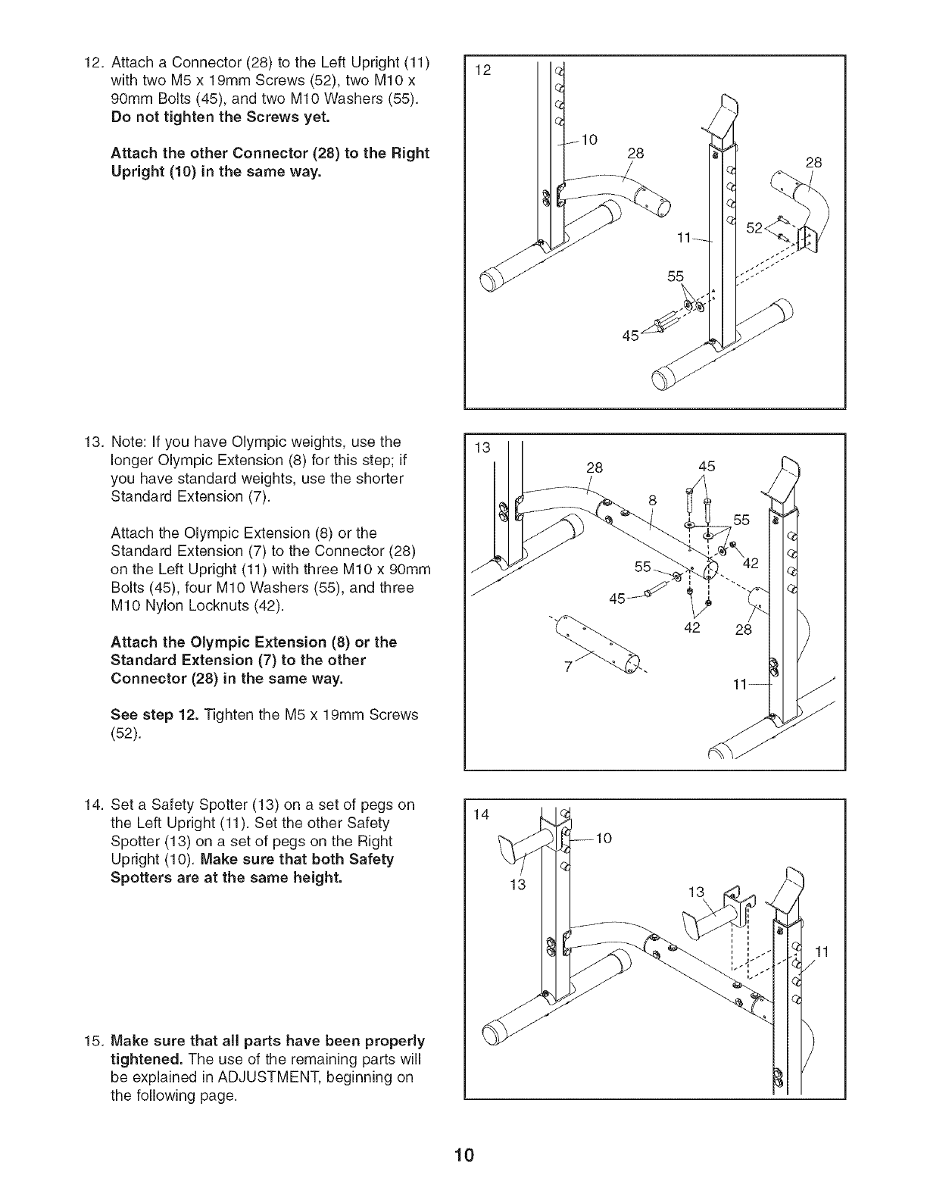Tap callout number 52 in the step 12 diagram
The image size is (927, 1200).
pos(754,227)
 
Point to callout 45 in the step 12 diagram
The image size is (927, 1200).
pos(630,336)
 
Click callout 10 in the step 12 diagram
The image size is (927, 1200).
pos(590,139)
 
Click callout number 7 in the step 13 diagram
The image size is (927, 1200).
pos(566,666)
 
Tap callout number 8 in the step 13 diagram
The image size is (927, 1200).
pos(652,500)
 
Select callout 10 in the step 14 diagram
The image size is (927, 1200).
pos(603,838)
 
